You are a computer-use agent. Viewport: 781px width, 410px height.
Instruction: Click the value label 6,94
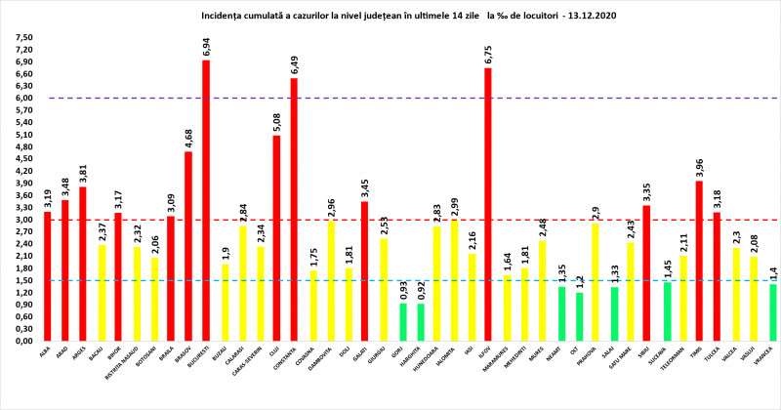pos(206,45)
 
